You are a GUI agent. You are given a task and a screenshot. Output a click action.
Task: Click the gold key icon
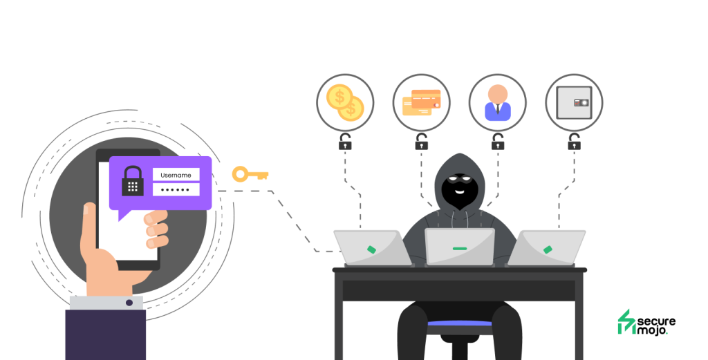click(x=249, y=174)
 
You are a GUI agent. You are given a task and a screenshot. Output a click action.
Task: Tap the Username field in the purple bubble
click(x=176, y=175)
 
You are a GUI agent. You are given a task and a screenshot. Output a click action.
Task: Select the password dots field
click(x=176, y=189)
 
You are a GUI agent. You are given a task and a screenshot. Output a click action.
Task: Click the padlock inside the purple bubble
click(x=133, y=181)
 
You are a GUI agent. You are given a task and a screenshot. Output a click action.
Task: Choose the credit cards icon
click(x=421, y=102)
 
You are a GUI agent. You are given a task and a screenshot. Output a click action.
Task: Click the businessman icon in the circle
click(x=498, y=102)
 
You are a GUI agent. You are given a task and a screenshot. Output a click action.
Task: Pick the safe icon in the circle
click(x=575, y=102)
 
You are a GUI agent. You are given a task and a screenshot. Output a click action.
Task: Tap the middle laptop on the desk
click(x=460, y=247)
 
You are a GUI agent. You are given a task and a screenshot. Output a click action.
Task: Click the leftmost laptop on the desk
click(x=373, y=247)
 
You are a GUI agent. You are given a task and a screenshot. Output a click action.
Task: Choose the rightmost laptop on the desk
click(x=547, y=247)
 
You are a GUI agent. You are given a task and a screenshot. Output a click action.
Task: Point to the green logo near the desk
click(x=626, y=322)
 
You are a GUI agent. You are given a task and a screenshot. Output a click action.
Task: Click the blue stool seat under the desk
click(x=460, y=323)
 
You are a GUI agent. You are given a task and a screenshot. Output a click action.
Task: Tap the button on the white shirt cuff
click(x=129, y=303)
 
